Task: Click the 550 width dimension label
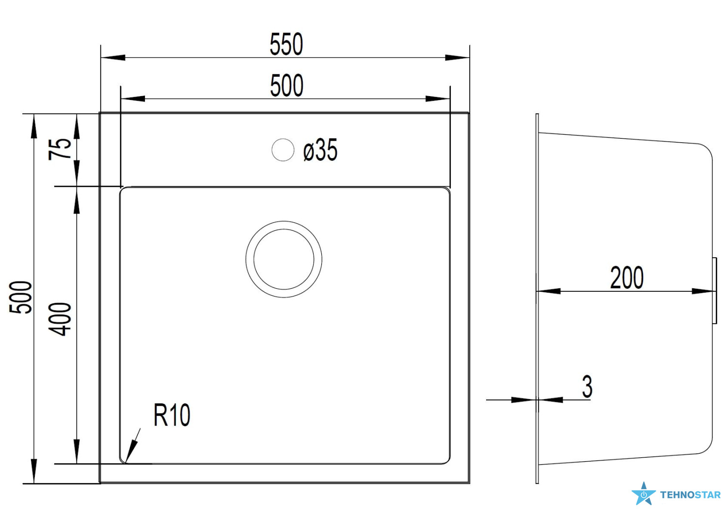coord(286,44)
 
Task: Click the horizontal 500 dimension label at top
coord(286,85)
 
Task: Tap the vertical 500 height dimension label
coord(21,297)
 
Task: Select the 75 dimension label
coord(60,149)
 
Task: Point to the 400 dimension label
coord(60,319)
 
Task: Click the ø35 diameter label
coord(320,150)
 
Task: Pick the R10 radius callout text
coord(172,415)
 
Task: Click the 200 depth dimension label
coord(627,278)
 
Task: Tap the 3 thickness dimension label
coord(587,387)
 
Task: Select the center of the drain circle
coord(284,259)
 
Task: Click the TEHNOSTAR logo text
coord(690,495)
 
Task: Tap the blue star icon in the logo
coord(643,494)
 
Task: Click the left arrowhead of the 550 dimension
coord(113,58)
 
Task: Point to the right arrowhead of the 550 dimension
coord(457,58)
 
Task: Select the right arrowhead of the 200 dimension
coord(703,291)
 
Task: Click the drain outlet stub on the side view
coord(714,291)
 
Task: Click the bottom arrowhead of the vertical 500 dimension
coord(34,471)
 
